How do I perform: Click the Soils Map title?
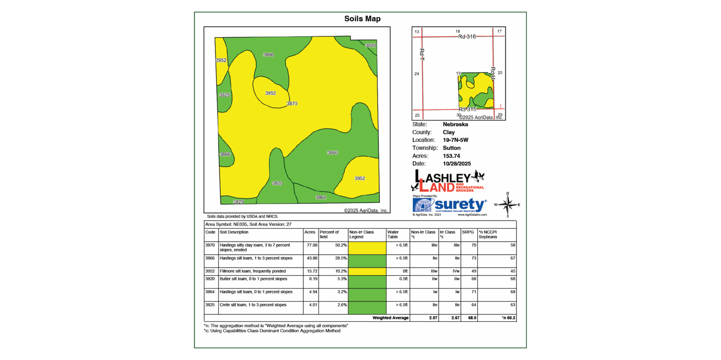click(362, 19)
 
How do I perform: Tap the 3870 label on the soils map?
click(292, 104)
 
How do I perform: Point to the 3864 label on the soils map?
click(321, 197)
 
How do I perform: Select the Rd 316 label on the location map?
click(467, 36)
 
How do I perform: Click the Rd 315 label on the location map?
click(467, 109)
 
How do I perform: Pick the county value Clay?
click(448, 132)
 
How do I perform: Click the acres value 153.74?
click(451, 156)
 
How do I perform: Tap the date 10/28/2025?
click(456, 164)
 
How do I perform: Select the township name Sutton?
click(452, 148)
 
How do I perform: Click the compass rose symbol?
click(507, 205)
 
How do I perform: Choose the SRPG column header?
click(468, 232)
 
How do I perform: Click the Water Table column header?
click(393, 234)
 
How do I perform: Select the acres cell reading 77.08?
click(312, 246)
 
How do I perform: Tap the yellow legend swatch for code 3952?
click(367, 271)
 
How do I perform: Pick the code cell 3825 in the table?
click(210, 305)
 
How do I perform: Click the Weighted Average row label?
click(390, 318)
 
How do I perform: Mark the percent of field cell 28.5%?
click(341, 259)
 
